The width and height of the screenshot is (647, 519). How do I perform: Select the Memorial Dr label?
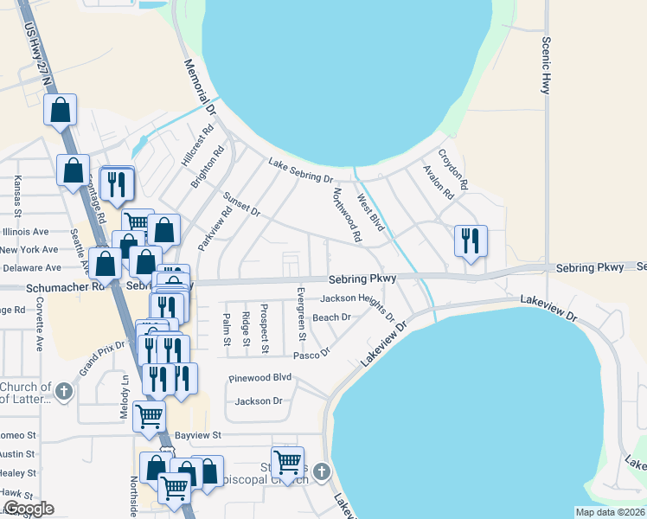(x=199, y=86)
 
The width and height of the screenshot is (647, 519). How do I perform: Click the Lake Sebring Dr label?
(x=300, y=171)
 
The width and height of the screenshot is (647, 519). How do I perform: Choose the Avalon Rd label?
(x=438, y=183)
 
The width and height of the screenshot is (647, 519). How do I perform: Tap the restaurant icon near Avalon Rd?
(x=471, y=240)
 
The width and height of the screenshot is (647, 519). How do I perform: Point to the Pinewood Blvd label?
(x=259, y=378)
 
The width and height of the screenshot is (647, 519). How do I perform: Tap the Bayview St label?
(x=199, y=434)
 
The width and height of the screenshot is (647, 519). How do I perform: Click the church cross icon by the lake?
(x=322, y=471)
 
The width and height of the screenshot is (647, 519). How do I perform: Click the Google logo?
(x=29, y=509)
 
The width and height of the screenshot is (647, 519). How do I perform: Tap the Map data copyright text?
(x=610, y=512)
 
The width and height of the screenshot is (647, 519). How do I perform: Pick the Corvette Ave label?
(x=39, y=325)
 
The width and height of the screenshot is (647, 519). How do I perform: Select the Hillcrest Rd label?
(x=197, y=148)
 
